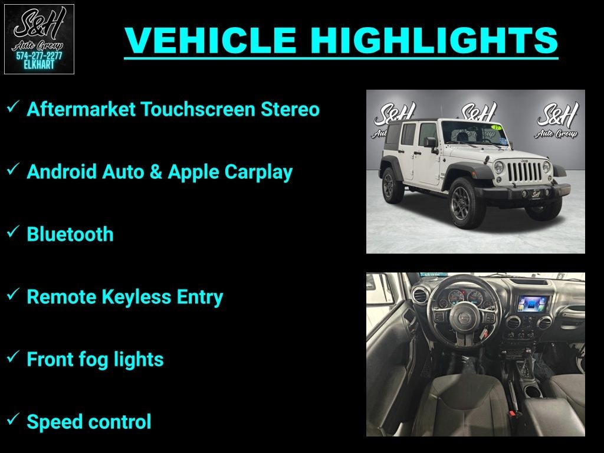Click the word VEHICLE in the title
(211, 40)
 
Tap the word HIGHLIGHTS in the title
(434, 40)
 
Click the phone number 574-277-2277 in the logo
(39, 56)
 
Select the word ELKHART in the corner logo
(39, 65)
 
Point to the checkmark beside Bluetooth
(13, 232)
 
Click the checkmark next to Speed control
(13, 419)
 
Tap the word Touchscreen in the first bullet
(198, 109)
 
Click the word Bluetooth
(70, 234)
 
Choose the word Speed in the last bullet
(52, 422)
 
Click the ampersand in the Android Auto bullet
(156, 172)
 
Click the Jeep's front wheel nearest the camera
(466, 203)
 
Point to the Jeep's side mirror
(430, 143)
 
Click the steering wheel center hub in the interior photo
(464, 317)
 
